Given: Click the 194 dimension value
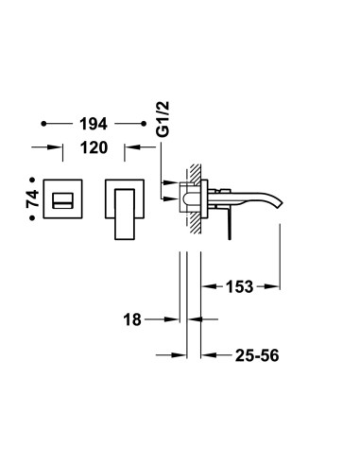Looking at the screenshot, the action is [x=94, y=124].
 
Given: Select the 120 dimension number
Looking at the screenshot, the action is [x=94, y=147].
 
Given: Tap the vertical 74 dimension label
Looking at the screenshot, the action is [x=32, y=198].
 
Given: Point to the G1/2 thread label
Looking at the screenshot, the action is [x=163, y=119].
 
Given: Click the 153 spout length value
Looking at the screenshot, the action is [x=239, y=286].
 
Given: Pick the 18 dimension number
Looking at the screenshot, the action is [x=132, y=319].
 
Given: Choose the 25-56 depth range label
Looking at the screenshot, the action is [x=257, y=355].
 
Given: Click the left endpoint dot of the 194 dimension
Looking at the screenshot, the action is [x=43, y=124].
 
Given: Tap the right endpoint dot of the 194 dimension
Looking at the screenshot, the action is [x=144, y=124].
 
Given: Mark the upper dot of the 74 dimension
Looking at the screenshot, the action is [x=32, y=180].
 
